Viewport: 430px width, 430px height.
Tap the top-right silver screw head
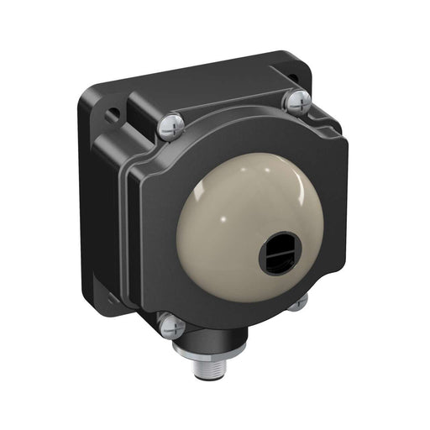point(296,102)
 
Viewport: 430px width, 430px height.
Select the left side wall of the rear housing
point(93,210)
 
